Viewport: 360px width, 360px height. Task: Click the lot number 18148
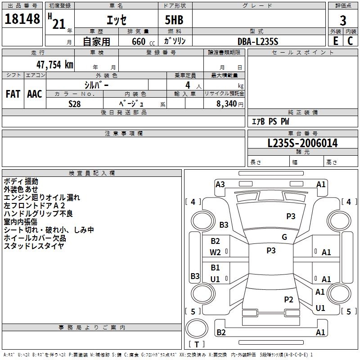22,19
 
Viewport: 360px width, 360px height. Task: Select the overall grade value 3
343,20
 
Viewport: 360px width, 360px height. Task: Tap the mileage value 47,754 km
49,64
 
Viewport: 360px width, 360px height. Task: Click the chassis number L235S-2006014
302,144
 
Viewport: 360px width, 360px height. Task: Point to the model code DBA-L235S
258,41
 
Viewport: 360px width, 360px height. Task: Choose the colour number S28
75,103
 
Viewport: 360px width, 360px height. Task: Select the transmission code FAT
13,94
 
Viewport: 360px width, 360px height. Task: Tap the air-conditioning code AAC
35,94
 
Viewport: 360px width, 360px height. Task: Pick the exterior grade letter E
335,41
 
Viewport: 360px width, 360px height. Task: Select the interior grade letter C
350,41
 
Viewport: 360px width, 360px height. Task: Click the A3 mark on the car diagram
220,184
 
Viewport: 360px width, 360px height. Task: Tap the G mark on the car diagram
284,237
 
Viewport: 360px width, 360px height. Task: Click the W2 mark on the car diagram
216,252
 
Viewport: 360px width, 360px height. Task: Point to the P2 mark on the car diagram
288,299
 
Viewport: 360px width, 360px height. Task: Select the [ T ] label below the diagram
197,344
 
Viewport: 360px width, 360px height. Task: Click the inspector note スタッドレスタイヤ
34,246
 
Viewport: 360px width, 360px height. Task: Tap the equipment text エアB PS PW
270,121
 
